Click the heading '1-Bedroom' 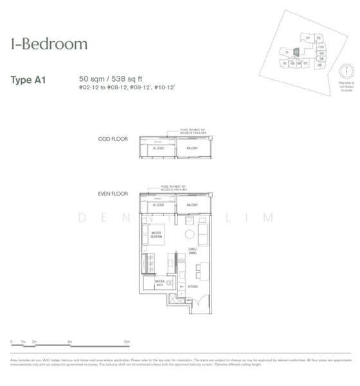[48, 44]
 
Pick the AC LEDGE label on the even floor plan [156, 205]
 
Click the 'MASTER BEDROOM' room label [156, 234]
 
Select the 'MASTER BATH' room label [159, 282]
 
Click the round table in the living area [190, 233]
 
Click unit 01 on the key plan [308, 38]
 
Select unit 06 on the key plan [320, 65]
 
